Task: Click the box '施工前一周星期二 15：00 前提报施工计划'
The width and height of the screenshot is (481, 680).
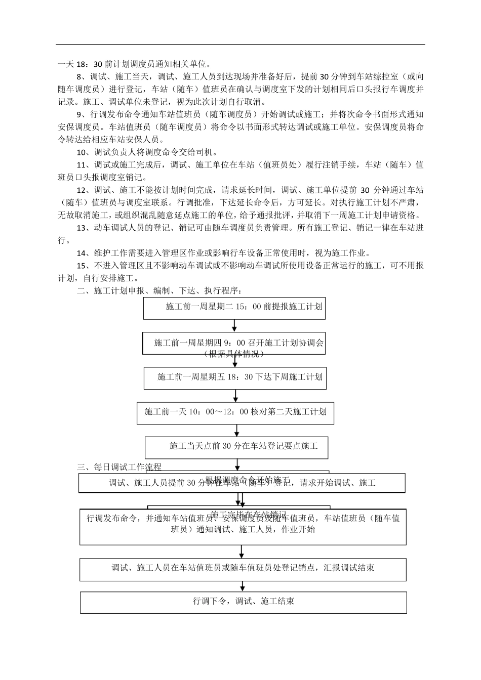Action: (234, 307)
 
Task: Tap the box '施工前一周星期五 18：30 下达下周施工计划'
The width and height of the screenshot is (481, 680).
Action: (234, 377)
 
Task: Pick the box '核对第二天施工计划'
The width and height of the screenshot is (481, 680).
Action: (235, 412)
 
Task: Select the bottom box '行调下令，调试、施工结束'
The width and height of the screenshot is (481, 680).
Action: (243, 602)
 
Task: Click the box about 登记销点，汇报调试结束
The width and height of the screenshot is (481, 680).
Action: (243, 568)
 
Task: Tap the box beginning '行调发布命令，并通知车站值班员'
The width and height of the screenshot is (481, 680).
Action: (243, 524)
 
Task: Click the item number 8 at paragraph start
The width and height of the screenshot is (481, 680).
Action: (78, 77)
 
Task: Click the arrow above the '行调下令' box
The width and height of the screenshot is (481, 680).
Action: (243, 586)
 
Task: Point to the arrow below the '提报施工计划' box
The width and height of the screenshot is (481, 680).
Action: (234, 325)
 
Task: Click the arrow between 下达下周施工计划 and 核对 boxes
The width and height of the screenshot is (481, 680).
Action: (235, 396)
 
